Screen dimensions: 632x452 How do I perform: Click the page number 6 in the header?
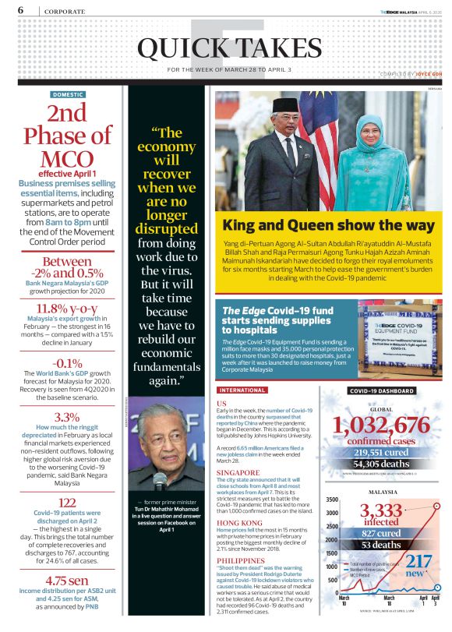pos(20,10)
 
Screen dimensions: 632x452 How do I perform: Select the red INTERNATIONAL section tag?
pos(244,390)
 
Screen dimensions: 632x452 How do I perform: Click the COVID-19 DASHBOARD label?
pos(382,390)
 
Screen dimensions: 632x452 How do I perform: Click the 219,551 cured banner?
pos(382,451)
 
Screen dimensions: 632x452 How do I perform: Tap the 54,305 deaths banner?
pos(382,464)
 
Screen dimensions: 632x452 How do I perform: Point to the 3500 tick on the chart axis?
pos(332,500)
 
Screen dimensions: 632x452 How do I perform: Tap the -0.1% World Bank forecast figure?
pos(68,364)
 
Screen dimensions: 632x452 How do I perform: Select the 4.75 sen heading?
pos(68,580)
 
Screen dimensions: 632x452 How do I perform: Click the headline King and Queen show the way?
pos(328,226)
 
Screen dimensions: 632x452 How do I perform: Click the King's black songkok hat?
pos(285,104)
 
